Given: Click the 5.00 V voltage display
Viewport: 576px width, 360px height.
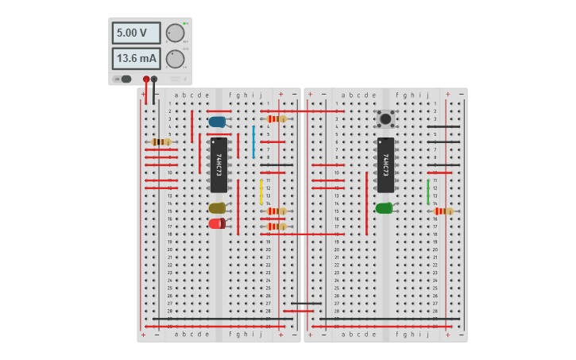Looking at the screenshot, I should tap(136, 33).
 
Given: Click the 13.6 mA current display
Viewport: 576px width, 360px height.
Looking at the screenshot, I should tap(136, 58).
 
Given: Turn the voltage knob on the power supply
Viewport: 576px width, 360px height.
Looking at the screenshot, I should tap(175, 33).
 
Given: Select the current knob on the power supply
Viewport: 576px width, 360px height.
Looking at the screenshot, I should tap(175, 59).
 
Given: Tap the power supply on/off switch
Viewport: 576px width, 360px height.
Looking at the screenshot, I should tap(125, 79).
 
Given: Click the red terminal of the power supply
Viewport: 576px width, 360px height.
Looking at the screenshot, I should tap(146, 79).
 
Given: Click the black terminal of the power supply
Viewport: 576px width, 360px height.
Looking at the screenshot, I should tap(154, 79).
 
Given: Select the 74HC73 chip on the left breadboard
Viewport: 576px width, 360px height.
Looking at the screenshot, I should tap(218, 165).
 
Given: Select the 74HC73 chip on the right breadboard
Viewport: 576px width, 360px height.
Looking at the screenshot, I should tap(385, 165).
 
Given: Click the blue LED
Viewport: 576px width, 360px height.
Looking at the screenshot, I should tap(217, 122).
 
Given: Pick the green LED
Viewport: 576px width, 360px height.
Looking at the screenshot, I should tap(384, 208).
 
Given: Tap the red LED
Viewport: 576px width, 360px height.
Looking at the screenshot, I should tap(216, 223).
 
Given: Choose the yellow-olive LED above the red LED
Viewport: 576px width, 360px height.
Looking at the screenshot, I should tap(217, 208).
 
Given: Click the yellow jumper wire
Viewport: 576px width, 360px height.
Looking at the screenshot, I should tap(261, 192).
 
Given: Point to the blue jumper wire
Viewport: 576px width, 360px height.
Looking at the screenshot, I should tap(253, 141).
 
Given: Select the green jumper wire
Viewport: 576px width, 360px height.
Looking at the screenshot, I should tap(427, 192).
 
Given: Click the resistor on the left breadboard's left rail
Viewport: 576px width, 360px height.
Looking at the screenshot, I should tap(161, 142).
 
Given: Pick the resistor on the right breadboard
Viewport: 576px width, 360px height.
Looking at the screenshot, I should tap(443, 211).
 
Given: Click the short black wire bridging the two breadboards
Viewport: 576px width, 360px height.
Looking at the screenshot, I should tap(306, 303).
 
